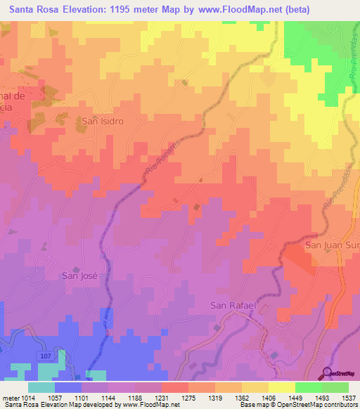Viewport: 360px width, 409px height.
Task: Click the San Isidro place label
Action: point(103,121)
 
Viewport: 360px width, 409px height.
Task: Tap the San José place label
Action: point(79,275)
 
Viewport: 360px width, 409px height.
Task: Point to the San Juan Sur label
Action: point(331,245)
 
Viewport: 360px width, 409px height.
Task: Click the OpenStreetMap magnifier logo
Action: point(327,373)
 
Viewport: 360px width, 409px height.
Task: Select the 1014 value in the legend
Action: point(27,397)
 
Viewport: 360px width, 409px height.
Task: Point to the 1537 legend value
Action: point(348,397)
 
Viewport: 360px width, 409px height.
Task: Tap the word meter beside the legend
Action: point(10,397)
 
